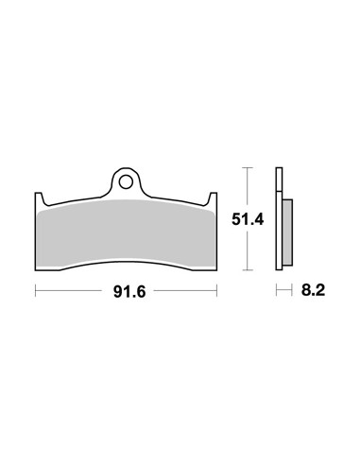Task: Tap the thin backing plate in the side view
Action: point(279,218)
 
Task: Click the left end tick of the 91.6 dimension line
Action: point(36,291)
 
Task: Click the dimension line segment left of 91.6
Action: point(71,291)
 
